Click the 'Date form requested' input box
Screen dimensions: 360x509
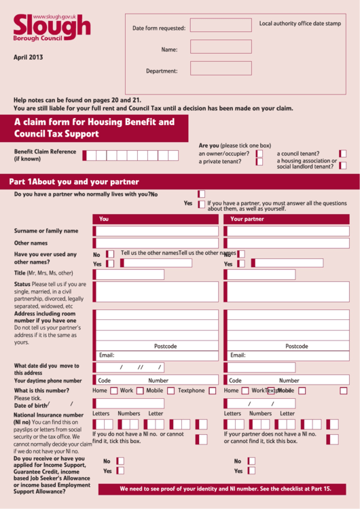(x=221, y=26)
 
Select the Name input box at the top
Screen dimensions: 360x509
(x=221, y=47)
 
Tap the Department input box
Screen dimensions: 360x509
(x=221, y=69)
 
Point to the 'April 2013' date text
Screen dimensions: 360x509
(x=29, y=58)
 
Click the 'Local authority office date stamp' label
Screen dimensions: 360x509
(x=300, y=24)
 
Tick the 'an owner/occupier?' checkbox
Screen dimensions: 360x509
(x=259, y=154)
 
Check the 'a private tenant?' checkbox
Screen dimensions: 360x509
(x=259, y=162)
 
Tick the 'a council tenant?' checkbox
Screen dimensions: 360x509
(x=343, y=154)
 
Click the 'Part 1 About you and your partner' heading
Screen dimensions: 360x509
(x=74, y=182)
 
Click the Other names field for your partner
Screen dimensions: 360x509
(x=288, y=243)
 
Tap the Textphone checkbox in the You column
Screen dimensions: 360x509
(x=213, y=391)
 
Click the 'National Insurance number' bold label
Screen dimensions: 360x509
(x=49, y=415)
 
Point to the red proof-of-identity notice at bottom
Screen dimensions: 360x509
(x=226, y=489)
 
